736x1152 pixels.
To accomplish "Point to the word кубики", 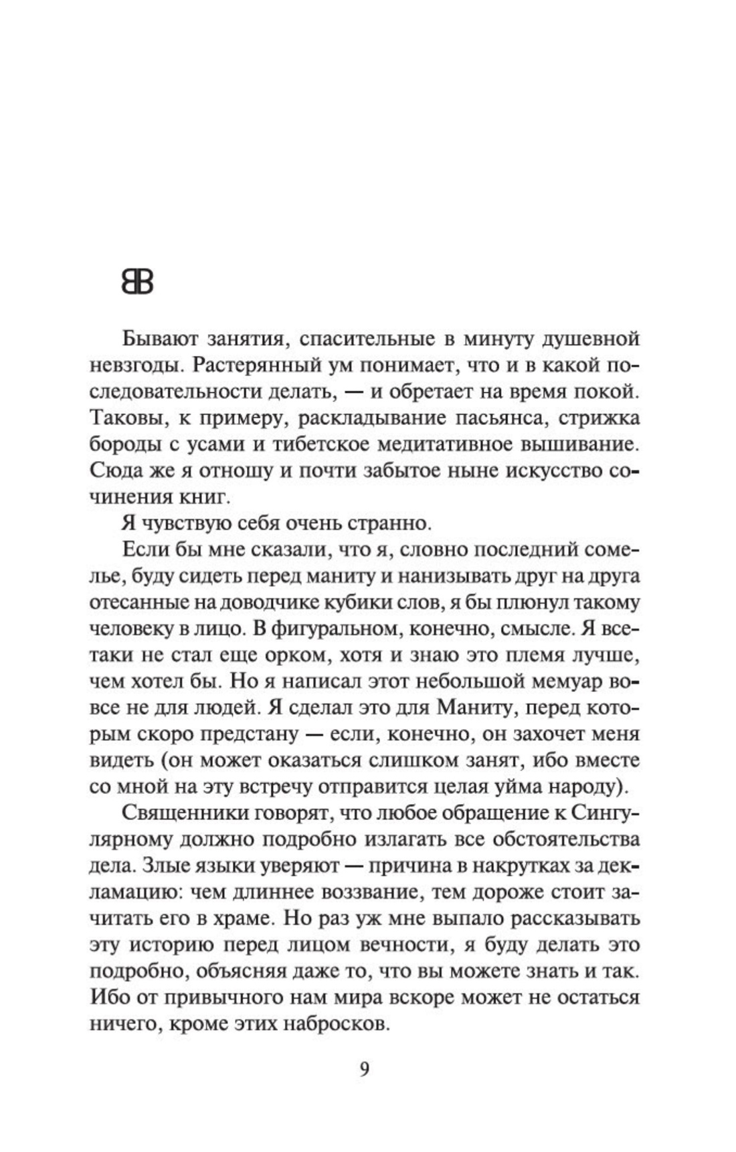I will [x=383, y=603].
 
